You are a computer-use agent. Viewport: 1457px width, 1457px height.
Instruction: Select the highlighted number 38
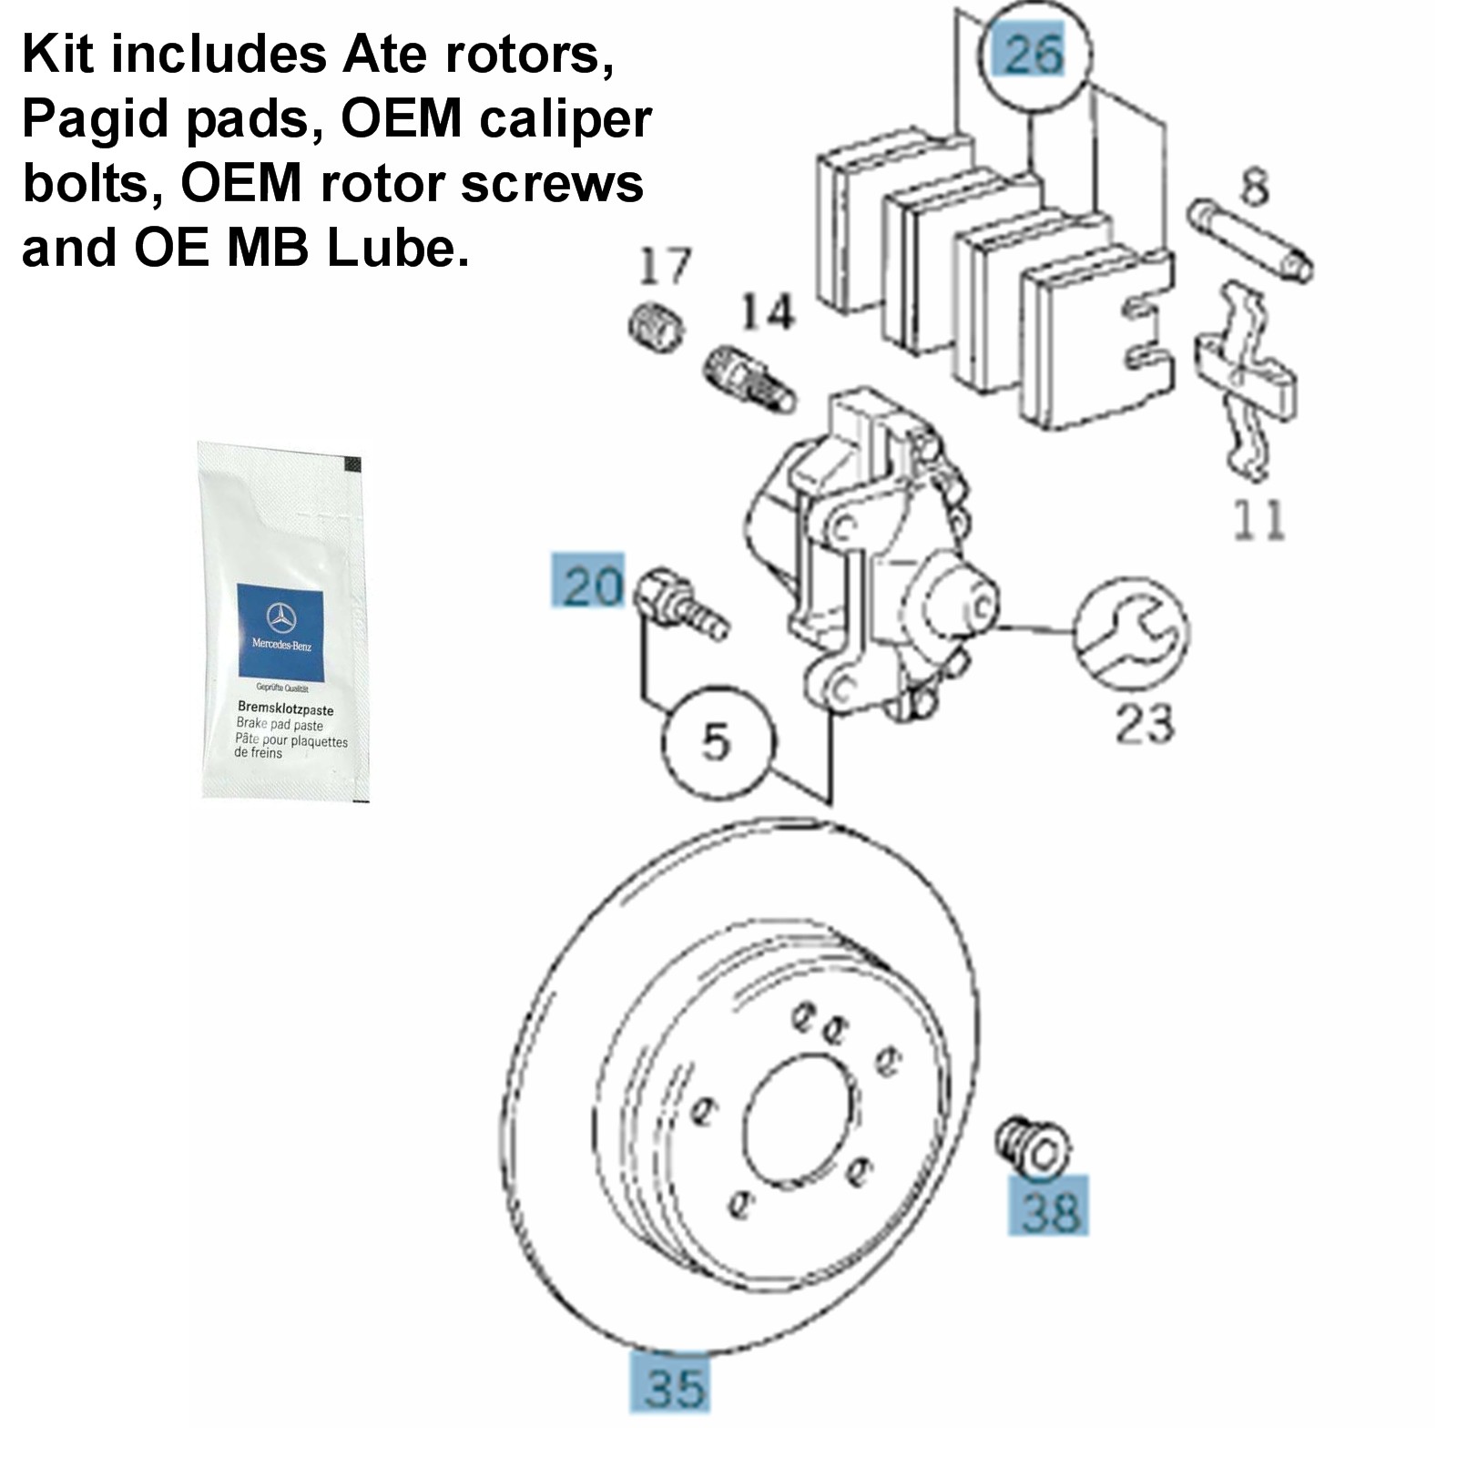tap(1048, 1208)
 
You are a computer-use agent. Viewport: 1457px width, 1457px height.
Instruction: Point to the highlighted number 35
tap(672, 1386)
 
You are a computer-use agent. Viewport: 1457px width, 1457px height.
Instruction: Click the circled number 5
tap(717, 741)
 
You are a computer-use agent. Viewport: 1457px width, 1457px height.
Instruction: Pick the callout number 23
tap(1145, 724)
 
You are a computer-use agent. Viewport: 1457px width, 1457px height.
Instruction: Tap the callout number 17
tap(664, 266)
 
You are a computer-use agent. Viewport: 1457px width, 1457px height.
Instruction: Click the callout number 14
tap(767, 312)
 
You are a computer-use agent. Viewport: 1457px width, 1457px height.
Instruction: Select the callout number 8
tap(1255, 188)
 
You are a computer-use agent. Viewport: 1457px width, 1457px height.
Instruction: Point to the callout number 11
tap(1258, 520)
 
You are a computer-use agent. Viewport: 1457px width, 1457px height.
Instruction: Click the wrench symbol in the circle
tap(1130, 633)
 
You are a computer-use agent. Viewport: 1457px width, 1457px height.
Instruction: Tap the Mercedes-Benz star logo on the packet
tap(280, 618)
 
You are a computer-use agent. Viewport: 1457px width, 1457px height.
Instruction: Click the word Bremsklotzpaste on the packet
tap(285, 708)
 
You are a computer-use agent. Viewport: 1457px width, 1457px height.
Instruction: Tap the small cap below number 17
tap(657, 326)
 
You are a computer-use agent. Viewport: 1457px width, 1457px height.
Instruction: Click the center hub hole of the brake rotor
tap(800, 1120)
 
